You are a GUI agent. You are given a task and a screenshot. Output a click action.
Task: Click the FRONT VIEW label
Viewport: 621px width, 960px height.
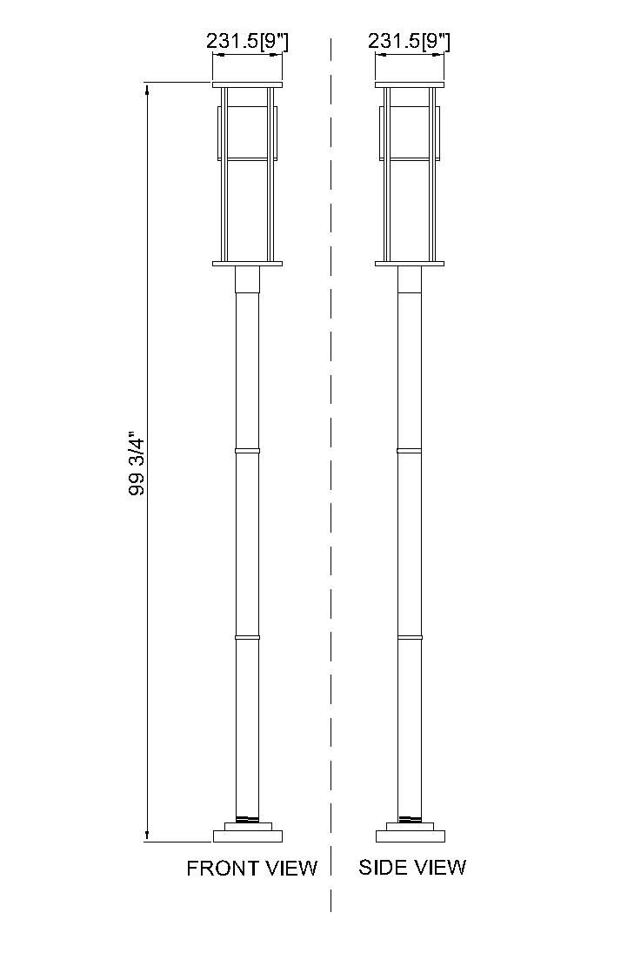tap(252, 868)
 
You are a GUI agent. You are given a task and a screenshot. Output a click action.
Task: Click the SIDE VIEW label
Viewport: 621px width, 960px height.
tap(412, 867)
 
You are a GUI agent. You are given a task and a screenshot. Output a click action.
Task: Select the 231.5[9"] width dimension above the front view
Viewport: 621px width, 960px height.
tap(247, 41)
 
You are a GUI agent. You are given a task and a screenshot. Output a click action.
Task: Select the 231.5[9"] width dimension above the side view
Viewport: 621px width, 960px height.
tap(410, 41)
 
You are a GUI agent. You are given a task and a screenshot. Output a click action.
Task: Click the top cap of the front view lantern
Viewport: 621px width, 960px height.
tap(248, 84)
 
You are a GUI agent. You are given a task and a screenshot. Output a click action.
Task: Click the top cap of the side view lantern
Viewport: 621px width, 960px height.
tap(410, 84)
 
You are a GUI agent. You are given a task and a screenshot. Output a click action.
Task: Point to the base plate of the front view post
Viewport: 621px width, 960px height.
tap(248, 836)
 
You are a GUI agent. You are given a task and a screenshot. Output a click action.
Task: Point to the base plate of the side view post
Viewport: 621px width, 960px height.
tap(410, 836)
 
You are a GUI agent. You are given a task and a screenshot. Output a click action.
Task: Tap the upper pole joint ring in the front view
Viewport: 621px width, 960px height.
tap(248, 451)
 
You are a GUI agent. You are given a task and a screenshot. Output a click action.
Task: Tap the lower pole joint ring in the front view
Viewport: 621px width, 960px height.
tap(248, 638)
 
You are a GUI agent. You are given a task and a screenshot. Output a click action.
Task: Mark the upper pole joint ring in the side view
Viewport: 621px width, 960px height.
tap(410, 451)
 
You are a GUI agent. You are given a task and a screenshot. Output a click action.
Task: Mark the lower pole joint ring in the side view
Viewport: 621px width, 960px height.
tap(410, 638)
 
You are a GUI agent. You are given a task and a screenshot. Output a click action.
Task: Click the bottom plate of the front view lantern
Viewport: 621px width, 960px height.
tap(248, 264)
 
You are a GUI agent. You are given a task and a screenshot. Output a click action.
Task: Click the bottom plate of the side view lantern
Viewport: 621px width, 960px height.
tap(410, 264)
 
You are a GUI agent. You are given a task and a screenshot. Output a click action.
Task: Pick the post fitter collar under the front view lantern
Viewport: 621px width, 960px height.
tap(248, 279)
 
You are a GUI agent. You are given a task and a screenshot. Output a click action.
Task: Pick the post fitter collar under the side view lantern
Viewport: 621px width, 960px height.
tap(410, 279)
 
